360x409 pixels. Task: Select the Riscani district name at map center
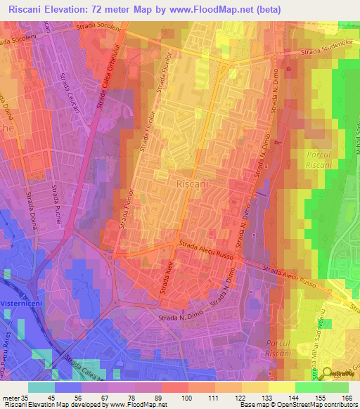pos(190,183)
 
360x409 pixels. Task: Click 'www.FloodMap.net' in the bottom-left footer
pos(140,405)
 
